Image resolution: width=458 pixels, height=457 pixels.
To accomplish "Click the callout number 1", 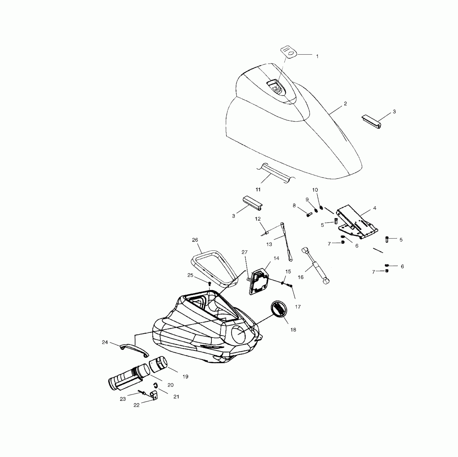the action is [x=317, y=56].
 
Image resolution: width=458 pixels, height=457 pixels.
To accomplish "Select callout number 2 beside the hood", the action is [x=345, y=104].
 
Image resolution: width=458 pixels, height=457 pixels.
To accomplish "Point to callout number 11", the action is [x=258, y=190].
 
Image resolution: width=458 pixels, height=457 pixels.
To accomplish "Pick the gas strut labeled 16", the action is [x=316, y=266].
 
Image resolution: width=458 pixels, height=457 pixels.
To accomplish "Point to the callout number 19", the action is [x=185, y=377].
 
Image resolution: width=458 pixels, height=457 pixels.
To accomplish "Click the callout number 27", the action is [x=245, y=252].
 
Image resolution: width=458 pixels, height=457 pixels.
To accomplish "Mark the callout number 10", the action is [x=315, y=190].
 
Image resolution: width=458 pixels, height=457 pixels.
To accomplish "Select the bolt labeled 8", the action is [x=309, y=215].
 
